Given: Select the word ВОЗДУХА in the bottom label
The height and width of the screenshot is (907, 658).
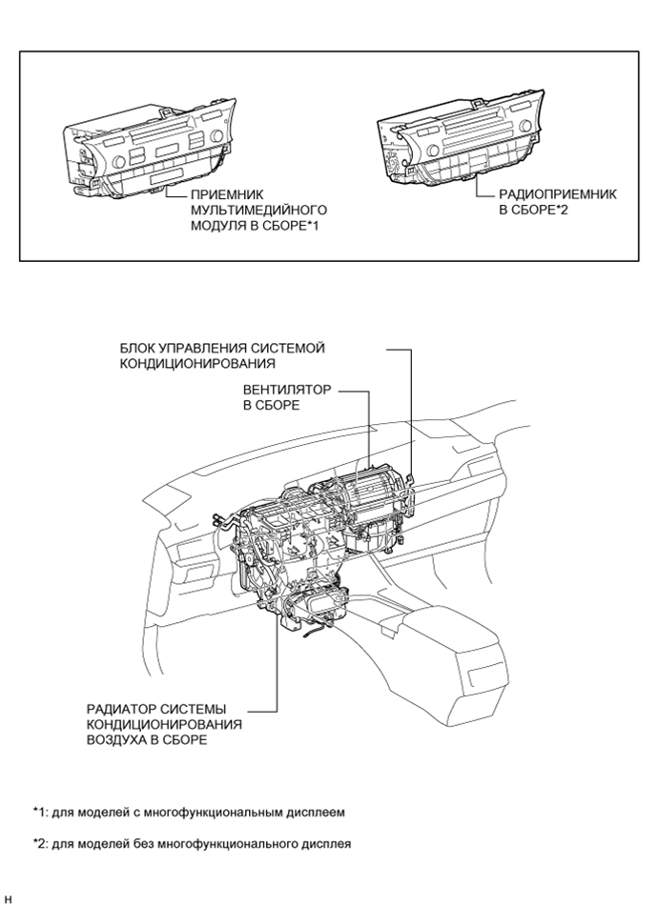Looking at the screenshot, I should point(114,740).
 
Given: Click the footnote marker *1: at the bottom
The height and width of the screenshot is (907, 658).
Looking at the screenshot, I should point(43,813).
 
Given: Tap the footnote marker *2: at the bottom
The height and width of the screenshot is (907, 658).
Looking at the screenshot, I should point(43,843).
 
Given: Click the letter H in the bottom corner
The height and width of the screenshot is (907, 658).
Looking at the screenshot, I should point(8,897).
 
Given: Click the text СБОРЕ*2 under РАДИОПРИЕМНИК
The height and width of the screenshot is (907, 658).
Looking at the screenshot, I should point(542,209).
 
